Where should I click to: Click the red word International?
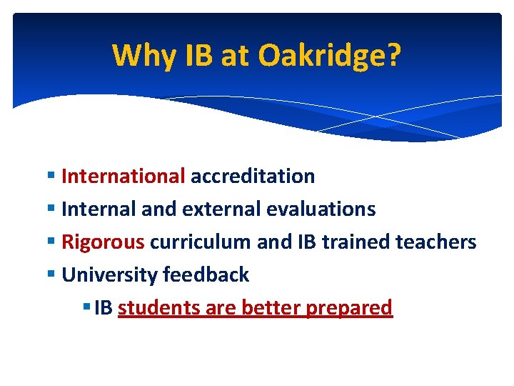pyautogui.click(x=124, y=176)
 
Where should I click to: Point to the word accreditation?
pyautogui.click(x=253, y=176)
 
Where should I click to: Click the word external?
pyautogui.click(x=221, y=209)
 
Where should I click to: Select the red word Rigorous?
pyautogui.click(x=103, y=242)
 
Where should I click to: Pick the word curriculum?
pyautogui.click(x=201, y=242)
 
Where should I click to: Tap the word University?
pyautogui.click(x=110, y=274)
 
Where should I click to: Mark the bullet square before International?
pyautogui.click(x=53, y=177)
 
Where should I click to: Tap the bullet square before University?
pyautogui.click(x=53, y=275)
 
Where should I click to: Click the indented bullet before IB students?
pyautogui.click(x=86, y=308)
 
